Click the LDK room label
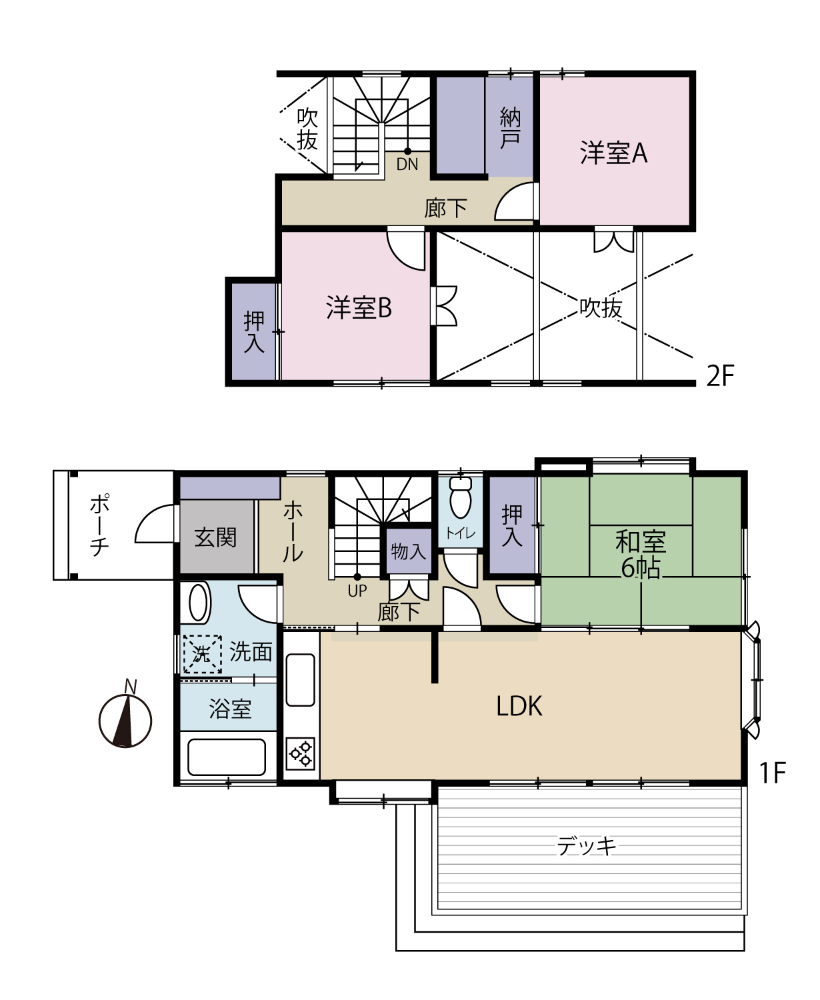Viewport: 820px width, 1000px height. pos(519,706)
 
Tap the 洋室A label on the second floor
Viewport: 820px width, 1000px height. pos(613,153)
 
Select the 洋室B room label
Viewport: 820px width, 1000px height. pos(359,307)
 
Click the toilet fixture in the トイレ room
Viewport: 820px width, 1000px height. pos(461,497)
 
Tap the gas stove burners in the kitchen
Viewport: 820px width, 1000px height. pos(301,753)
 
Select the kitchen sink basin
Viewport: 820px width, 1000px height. pos(301,680)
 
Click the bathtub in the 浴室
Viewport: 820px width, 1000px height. pos(227,757)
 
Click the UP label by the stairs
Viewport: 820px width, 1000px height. pos(357,591)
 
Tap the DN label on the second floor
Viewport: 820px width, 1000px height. pos(407,165)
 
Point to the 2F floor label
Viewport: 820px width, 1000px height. pos(720,377)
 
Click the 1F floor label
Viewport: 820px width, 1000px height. pos(773,773)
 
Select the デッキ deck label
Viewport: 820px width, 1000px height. pos(587,847)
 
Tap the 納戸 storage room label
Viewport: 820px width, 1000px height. pos(510,128)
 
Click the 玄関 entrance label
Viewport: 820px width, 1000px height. pos(215,538)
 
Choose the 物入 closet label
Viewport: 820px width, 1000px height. pos(408,551)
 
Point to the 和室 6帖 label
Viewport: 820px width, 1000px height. pos(641,554)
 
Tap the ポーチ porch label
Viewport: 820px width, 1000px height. pos(99,525)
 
